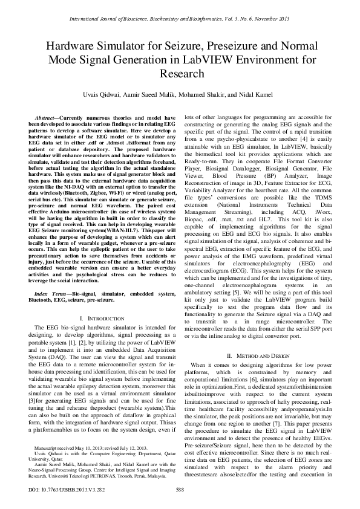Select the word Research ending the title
coord(180,74)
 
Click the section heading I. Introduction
coord(99,318)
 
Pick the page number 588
coord(180,489)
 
